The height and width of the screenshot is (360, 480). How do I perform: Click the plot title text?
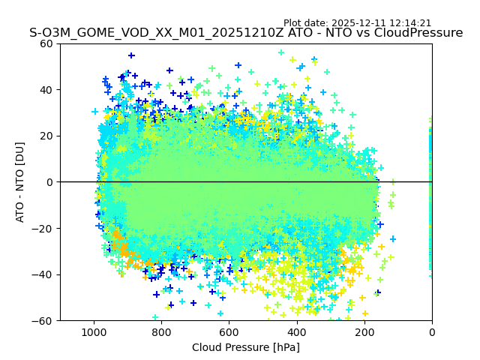coord(246,33)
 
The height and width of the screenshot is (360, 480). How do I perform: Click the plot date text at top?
coord(357,23)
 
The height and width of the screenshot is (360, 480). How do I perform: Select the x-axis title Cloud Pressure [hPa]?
coord(246,347)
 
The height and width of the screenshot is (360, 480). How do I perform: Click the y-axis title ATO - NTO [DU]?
coord(20,182)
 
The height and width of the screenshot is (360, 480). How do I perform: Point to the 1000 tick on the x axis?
coord(94,331)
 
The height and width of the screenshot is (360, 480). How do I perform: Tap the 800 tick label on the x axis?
coord(161,331)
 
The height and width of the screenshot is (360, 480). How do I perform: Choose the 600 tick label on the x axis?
coord(229,331)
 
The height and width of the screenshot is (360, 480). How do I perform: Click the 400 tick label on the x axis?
coord(296,331)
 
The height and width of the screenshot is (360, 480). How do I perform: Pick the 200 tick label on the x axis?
coord(364,331)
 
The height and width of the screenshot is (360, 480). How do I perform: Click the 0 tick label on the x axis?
coord(431,331)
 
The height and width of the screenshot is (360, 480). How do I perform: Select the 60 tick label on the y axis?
coord(46,43)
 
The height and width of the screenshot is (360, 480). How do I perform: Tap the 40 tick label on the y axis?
coord(46,90)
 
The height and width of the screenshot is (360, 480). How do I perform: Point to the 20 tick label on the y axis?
coord(46,136)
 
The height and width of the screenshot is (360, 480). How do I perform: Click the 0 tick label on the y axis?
coord(49,182)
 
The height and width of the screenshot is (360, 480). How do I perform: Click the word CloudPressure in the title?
coord(421,33)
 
